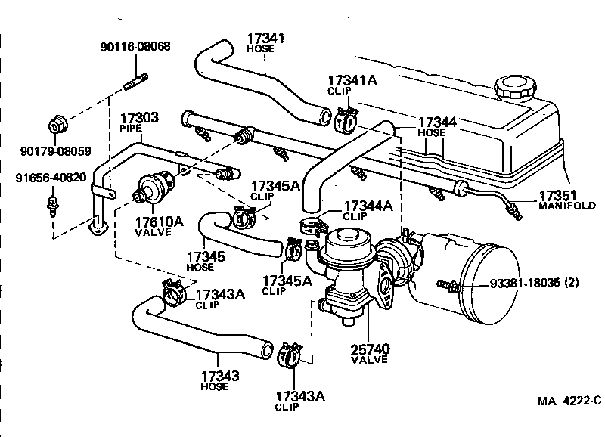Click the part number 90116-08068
(135, 46)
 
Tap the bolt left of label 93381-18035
(448, 286)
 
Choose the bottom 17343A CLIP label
(299, 398)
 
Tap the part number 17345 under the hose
(206, 256)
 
